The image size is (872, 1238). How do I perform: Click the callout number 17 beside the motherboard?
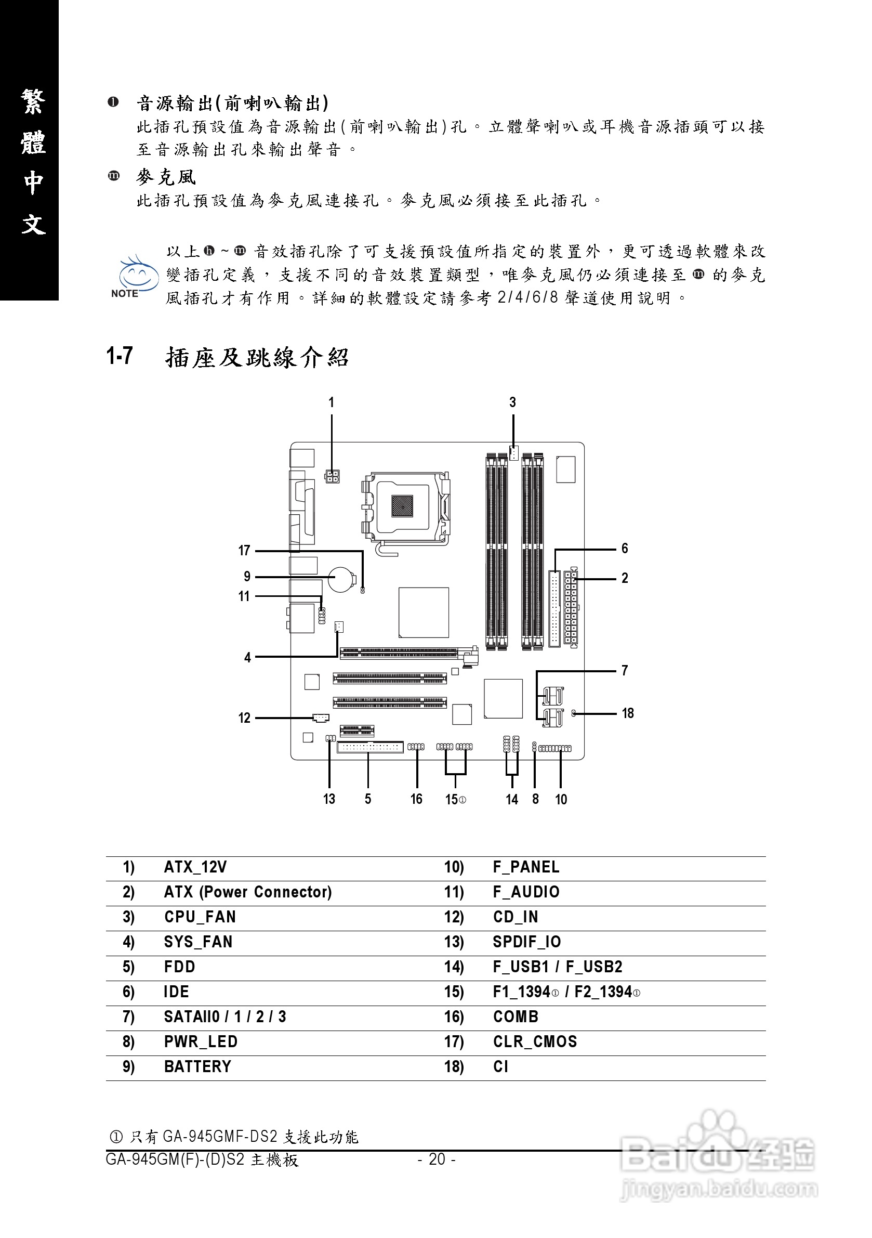pyautogui.click(x=244, y=551)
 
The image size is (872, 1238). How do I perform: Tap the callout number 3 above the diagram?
pyautogui.click(x=512, y=402)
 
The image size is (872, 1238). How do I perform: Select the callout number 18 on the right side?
pyautogui.click(x=628, y=713)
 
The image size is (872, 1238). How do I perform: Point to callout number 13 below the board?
pyautogui.click(x=329, y=799)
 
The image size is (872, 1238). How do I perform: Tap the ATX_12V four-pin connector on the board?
pyautogui.click(x=332, y=476)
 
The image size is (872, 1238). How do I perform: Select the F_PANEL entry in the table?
pyautogui.click(x=526, y=868)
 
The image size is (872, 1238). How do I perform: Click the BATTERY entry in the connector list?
pyautogui.click(x=198, y=1066)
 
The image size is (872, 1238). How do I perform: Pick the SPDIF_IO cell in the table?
pyautogui.click(x=526, y=942)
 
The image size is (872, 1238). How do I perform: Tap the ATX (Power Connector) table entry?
pyautogui.click(x=248, y=892)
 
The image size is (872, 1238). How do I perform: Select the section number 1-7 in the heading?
pyautogui.click(x=120, y=356)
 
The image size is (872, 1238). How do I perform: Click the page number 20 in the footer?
pyautogui.click(x=437, y=1159)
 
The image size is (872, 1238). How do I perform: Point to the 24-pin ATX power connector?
pyautogui.click(x=571, y=607)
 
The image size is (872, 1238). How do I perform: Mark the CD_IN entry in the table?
pyautogui.click(x=515, y=917)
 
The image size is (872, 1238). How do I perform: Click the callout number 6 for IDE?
pyautogui.click(x=625, y=549)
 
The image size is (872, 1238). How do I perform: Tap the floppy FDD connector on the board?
pyautogui.click(x=370, y=747)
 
